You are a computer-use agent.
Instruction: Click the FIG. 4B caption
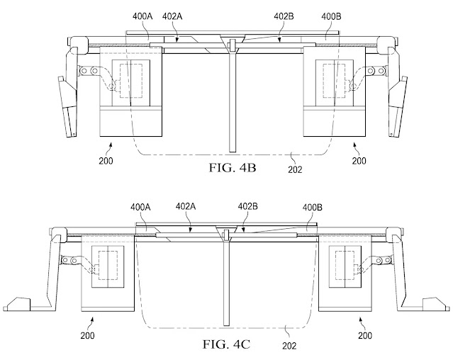233,168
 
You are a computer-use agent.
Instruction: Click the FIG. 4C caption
226,344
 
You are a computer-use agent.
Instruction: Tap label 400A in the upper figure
142,16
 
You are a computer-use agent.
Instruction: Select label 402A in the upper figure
172,16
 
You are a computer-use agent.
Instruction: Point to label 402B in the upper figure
284,16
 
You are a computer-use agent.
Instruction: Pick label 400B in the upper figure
331,16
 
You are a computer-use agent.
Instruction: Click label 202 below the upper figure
295,169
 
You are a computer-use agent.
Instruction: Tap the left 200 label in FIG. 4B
106,161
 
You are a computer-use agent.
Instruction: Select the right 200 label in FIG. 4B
359,161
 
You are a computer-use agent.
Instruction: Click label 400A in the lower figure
140,207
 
